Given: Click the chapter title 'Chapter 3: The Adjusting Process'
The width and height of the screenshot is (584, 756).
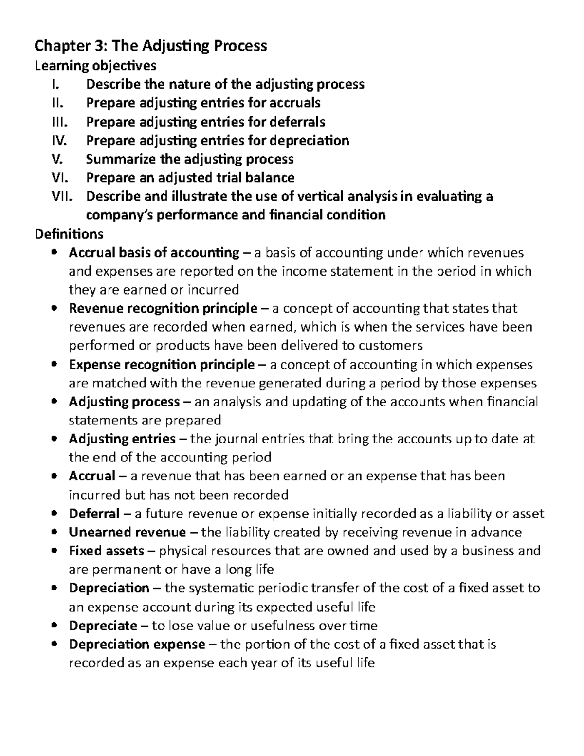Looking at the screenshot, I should [150, 46].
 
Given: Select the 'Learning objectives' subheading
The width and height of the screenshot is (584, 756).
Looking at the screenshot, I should [95, 65].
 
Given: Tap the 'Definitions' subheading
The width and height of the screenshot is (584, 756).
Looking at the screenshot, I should [69, 234].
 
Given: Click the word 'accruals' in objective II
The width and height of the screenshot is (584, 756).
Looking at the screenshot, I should [296, 103].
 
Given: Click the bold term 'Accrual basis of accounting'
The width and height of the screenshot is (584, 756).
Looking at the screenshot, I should [154, 253].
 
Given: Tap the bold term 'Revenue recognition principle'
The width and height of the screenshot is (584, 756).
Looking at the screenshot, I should [163, 309].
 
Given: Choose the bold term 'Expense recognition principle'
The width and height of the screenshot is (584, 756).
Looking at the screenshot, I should [162, 365].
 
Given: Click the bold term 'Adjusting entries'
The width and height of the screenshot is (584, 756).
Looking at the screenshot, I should [122, 439].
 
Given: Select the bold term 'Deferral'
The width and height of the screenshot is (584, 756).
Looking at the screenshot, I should [94, 514].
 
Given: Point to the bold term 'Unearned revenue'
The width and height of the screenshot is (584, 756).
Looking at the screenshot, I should [127, 532].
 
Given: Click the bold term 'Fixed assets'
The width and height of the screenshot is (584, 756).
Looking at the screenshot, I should [106, 551].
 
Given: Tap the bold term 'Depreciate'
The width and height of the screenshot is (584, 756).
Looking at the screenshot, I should [103, 626].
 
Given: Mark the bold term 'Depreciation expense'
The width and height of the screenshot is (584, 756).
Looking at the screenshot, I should [137, 644].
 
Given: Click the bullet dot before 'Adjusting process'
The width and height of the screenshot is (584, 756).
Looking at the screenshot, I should [55, 402].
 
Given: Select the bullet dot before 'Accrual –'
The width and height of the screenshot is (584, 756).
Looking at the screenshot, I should [55, 476].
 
